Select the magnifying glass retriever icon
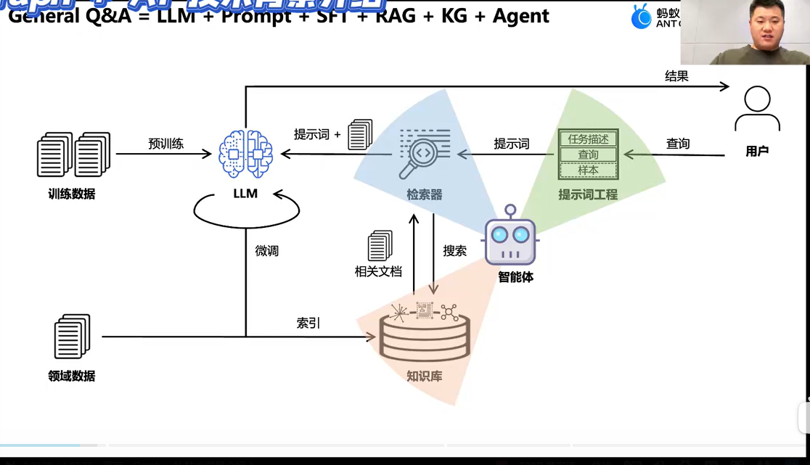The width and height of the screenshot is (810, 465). coord(424,155)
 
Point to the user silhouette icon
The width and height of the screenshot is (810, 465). coord(757,110)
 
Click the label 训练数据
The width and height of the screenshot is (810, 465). coord(72,194)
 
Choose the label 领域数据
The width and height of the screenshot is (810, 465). coord(72,376)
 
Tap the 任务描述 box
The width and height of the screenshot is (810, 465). coord(588,139)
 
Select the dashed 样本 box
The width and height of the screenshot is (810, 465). coord(588,170)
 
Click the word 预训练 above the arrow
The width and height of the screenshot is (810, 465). coord(166,144)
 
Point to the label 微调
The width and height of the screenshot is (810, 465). coord(266,251)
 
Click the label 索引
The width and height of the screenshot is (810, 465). coord(308,323)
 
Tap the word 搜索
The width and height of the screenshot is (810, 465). coord(455,251)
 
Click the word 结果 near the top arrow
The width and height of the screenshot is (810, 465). coord(676,75)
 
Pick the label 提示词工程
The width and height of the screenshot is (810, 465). coord(588,194)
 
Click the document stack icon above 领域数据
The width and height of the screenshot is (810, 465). coord(72,337)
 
